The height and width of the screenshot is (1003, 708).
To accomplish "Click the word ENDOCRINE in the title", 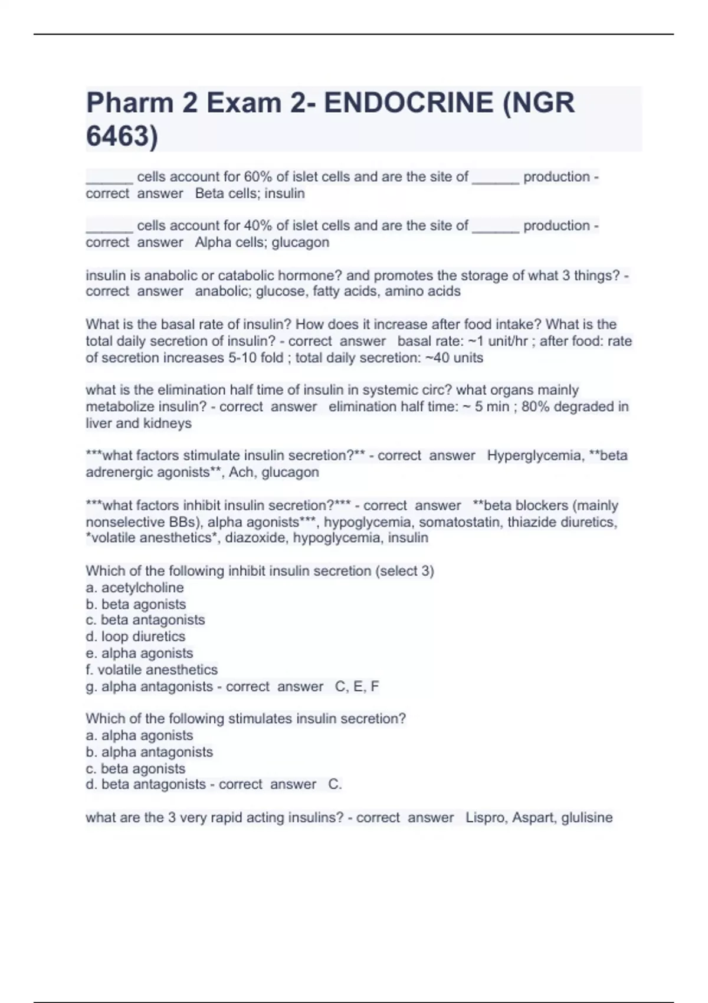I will coord(408,103).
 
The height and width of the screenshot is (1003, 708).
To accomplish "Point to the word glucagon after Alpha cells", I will coord(300,242).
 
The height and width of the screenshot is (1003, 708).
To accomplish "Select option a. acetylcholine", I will coord(135,588).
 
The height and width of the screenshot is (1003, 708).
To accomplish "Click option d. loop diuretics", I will coord(135,637).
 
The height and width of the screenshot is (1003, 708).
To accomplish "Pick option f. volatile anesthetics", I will coord(152,670).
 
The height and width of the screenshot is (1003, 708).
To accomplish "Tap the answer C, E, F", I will coord(357,686).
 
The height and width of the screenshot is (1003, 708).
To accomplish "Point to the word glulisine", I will coord(587,818).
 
